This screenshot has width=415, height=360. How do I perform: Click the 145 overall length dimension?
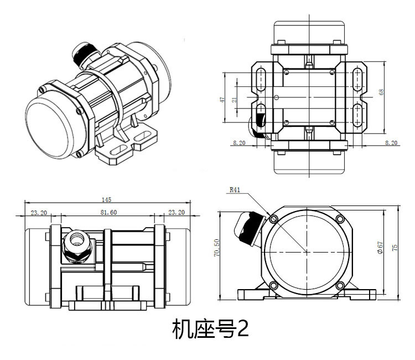(107, 199)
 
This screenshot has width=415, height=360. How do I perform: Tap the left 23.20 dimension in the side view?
(38, 212)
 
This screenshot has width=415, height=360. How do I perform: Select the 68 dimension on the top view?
(381, 92)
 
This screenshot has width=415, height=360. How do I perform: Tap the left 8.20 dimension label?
(239, 143)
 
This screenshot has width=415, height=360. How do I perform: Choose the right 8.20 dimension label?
(391, 143)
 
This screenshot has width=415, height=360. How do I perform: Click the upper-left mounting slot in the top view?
(263, 78)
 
